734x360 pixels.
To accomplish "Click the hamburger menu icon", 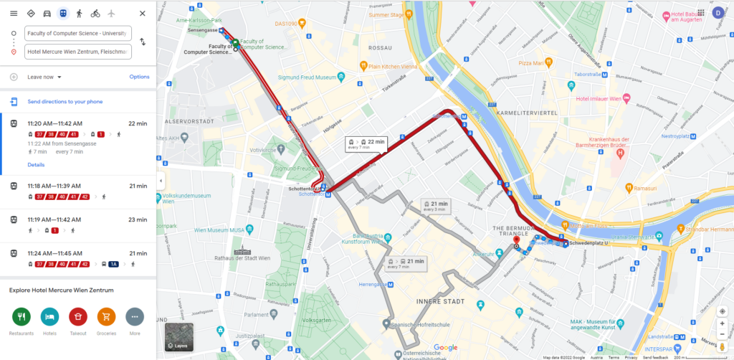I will [14, 14].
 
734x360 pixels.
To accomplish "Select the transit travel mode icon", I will [63, 14].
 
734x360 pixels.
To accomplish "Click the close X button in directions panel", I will [143, 14].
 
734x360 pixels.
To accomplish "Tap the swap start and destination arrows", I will [143, 42].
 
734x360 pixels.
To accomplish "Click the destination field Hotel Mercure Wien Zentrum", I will [77, 52].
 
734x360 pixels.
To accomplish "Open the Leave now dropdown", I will [44, 77].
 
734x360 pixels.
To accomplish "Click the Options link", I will [139, 77].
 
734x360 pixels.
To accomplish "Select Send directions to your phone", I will [65, 102].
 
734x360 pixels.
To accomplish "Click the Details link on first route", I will [36, 165].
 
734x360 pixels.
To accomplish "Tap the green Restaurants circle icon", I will [22, 316].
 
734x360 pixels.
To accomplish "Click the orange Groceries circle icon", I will [106, 316].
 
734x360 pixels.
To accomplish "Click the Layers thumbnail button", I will [178, 337].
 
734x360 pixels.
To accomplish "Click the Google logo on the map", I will [445, 348].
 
